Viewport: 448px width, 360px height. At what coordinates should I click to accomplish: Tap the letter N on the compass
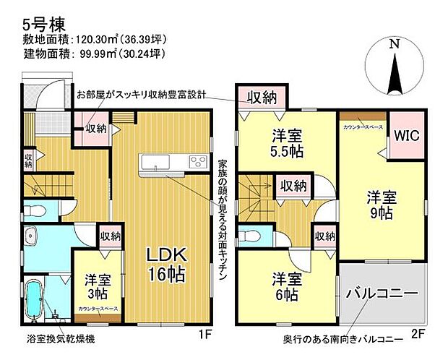pos(394,44)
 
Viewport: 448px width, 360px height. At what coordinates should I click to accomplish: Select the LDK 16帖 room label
pos(168,264)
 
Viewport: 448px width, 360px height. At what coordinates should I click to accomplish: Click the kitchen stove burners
pos(197,161)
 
